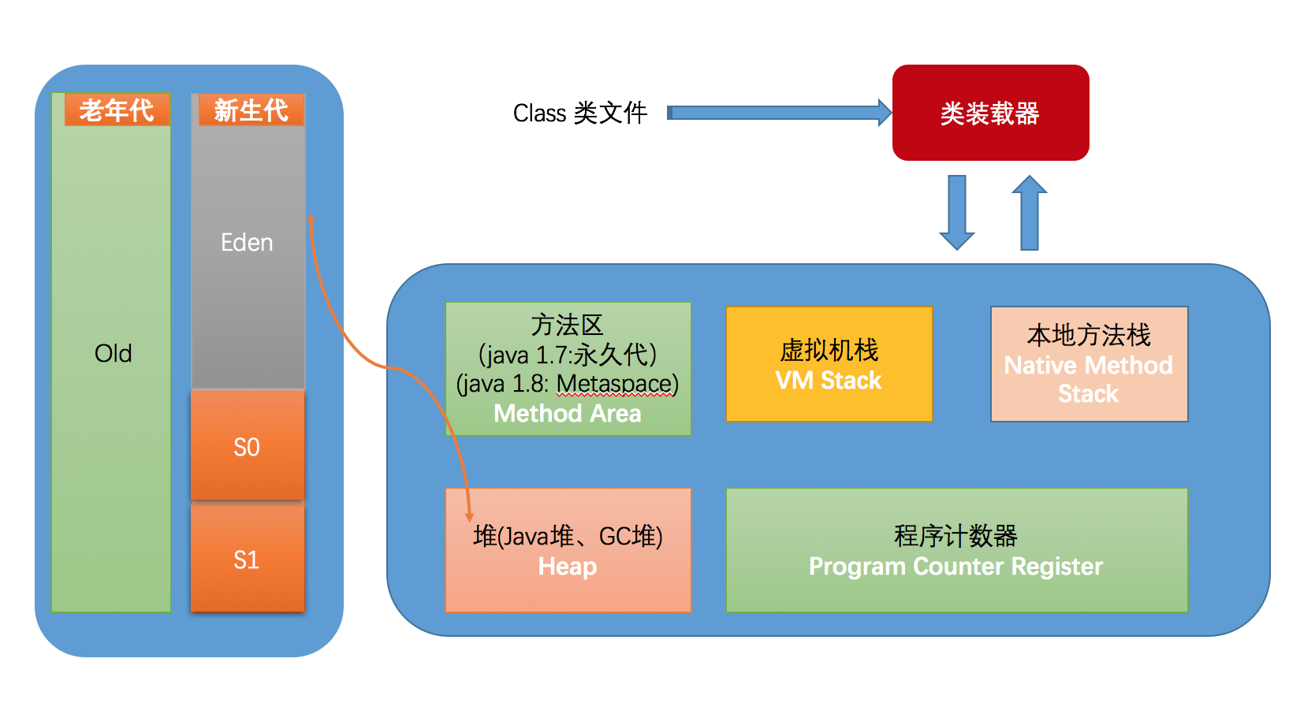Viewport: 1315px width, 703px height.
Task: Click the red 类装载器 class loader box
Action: point(990,113)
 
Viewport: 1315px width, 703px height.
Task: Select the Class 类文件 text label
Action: point(580,113)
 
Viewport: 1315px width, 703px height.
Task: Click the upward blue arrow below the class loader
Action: point(1029,213)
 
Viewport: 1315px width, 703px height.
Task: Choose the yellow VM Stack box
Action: point(829,364)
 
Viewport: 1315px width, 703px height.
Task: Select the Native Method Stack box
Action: point(1089,364)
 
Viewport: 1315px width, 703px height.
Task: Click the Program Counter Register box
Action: point(956,550)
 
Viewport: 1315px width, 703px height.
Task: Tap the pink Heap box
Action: point(568,550)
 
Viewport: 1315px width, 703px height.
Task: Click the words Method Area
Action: point(568,414)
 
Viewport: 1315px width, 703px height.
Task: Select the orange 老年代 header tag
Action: point(117,110)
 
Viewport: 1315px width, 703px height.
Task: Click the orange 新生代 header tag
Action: point(251,110)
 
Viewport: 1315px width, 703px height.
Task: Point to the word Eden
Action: point(247,243)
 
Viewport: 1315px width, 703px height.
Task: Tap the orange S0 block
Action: point(247,447)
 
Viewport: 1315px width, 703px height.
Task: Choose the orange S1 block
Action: point(247,560)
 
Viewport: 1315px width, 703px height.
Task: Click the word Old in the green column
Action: point(113,353)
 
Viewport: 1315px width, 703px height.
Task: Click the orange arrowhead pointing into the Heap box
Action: point(469,516)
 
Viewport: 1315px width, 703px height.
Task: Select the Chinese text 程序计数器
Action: point(956,536)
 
